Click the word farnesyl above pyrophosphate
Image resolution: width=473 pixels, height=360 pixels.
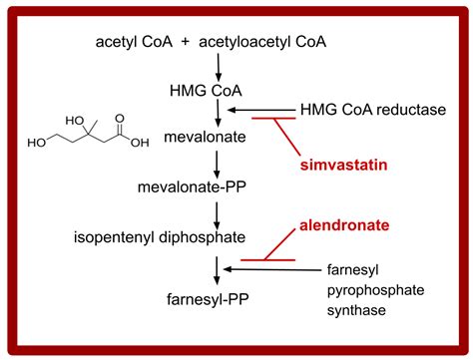[354, 268]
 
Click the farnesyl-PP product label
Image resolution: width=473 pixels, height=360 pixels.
[214, 296]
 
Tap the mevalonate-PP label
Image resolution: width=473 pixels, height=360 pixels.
[210, 185]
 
